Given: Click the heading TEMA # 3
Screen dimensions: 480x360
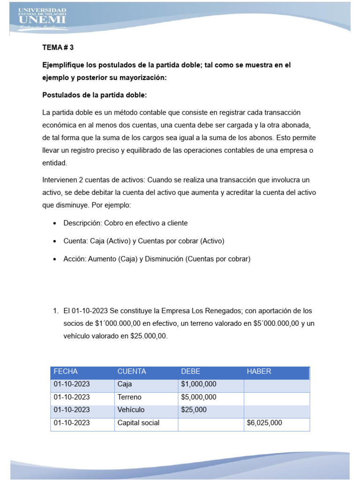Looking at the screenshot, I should click(x=58, y=48).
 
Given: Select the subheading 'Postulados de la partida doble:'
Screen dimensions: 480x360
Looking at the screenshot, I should click(x=94, y=95).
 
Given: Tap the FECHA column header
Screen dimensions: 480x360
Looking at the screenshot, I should click(x=66, y=371).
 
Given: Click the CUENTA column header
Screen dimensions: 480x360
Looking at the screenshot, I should click(x=132, y=371).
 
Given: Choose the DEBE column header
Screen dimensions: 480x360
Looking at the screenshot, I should click(x=190, y=371).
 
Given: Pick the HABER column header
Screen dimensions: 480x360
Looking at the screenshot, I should click(x=259, y=371).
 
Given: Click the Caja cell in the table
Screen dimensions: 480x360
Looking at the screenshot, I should click(x=125, y=384).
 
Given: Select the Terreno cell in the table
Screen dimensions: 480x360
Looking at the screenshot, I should click(x=129, y=397).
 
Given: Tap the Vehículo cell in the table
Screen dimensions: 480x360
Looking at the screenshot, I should click(x=131, y=410).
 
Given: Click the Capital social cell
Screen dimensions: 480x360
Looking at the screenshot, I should click(x=138, y=423).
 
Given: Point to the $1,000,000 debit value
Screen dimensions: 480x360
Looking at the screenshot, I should click(x=198, y=384).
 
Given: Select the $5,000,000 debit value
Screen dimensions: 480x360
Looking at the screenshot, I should click(x=198, y=397).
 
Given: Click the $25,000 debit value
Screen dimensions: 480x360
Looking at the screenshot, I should click(x=194, y=410).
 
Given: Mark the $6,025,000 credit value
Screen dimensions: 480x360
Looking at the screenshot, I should click(x=264, y=423).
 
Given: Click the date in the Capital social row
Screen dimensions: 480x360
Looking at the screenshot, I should click(x=72, y=423).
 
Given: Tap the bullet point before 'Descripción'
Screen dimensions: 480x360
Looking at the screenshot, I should click(x=56, y=224).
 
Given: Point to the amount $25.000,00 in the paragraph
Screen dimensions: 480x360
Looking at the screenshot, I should click(x=146, y=336).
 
